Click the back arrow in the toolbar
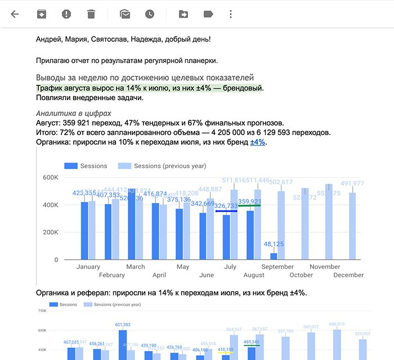tap(15, 14)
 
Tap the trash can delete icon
tap(91, 14)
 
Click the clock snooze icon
tap(149, 14)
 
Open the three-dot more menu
tap(231, 14)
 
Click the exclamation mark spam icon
tap(66, 14)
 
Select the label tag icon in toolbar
tap(208, 14)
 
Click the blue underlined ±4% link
tap(258, 142)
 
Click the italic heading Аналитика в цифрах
tap(74, 113)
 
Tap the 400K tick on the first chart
tap(50, 205)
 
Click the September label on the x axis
tap(277, 267)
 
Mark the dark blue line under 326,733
tap(226, 211)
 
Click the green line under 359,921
tap(249, 206)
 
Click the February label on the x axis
tap(111, 275)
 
